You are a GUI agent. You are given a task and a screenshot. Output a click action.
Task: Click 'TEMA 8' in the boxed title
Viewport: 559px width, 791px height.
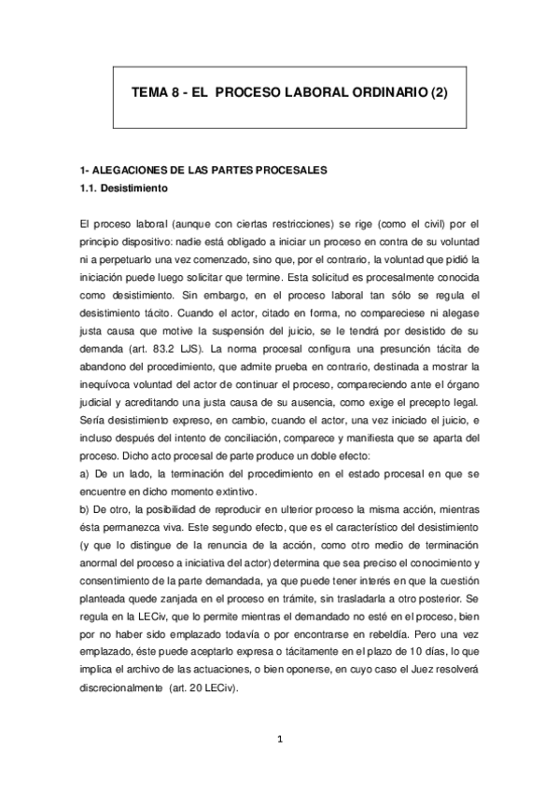pyautogui.click(x=152, y=94)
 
